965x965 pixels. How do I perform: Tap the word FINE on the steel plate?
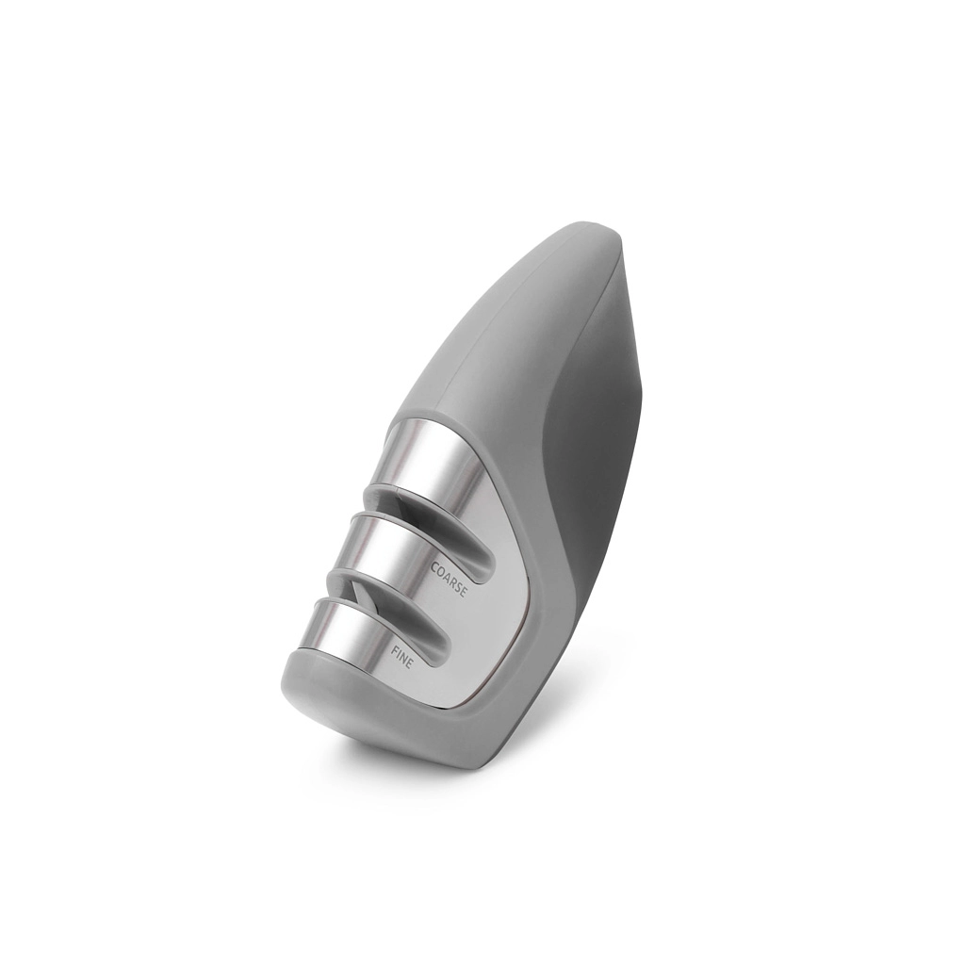(402, 657)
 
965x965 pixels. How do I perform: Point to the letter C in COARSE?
(433, 565)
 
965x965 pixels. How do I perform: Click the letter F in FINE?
(393, 647)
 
